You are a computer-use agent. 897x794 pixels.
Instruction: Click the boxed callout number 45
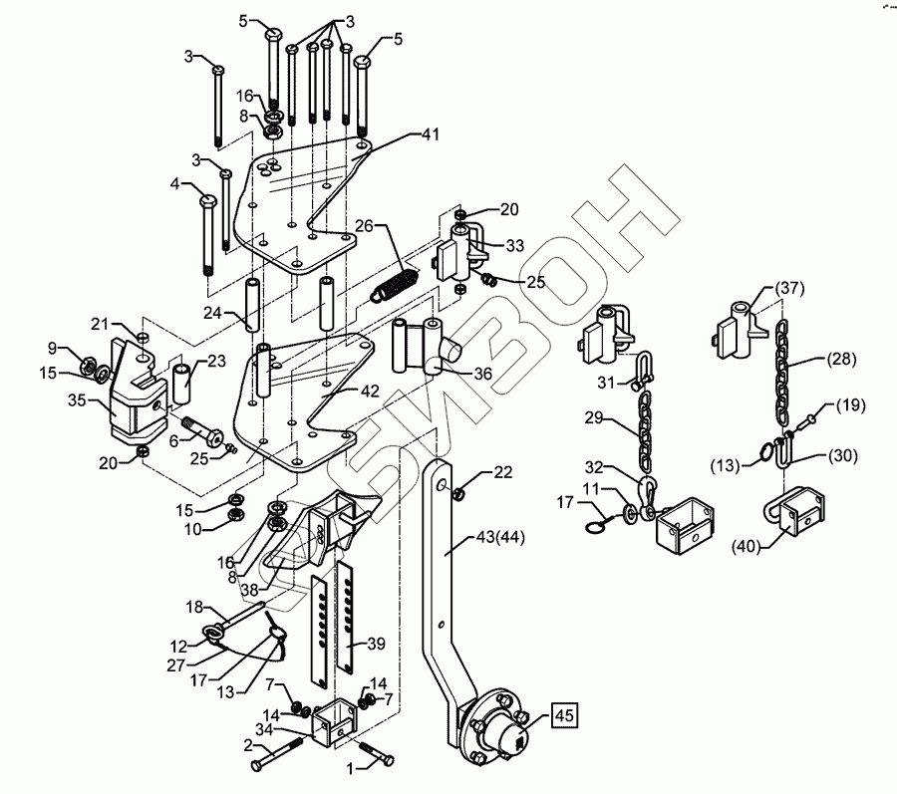[x=562, y=714]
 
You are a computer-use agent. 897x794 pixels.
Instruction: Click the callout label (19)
[x=850, y=404]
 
